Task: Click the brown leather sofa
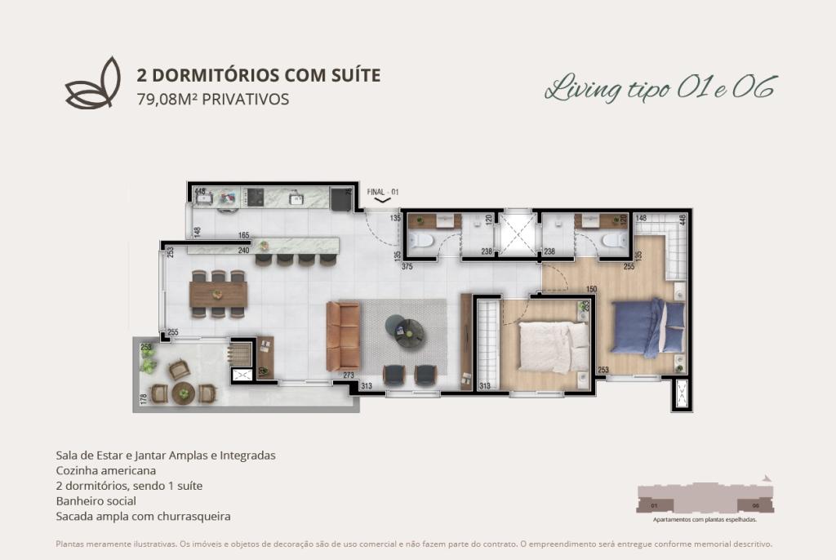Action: [342, 336]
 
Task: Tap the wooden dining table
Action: [218, 293]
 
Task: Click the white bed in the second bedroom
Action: [554, 345]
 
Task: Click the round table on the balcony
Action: [184, 393]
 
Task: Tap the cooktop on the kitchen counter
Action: [255, 198]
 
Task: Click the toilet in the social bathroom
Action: [423, 240]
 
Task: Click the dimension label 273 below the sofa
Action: [349, 376]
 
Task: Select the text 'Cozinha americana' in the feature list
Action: [105, 470]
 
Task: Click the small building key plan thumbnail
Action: [705, 499]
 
